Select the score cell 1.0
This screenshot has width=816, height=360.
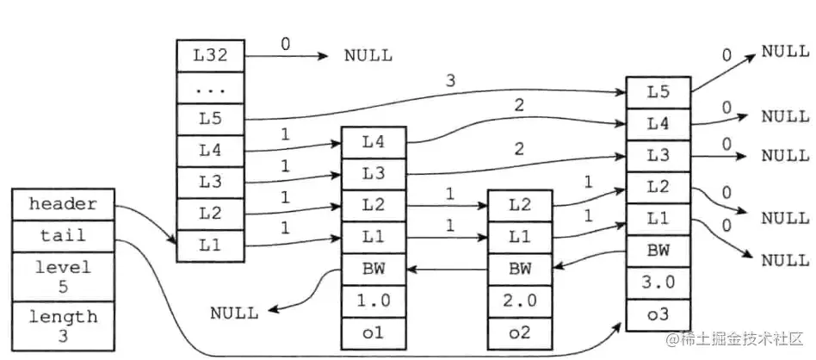pyautogui.click(x=373, y=300)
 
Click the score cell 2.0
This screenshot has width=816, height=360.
pyautogui.click(x=519, y=300)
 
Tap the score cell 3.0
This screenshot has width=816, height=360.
pyautogui.click(x=658, y=282)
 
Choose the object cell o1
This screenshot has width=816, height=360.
pyautogui.click(x=373, y=332)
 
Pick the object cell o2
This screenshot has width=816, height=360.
pyautogui.click(x=519, y=332)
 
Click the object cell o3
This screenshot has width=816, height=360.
pyautogui.click(x=658, y=313)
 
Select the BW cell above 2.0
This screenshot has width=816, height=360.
pyautogui.click(x=519, y=268)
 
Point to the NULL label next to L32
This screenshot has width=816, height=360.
pyautogui.click(x=368, y=56)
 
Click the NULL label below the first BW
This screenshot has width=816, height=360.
pyautogui.click(x=234, y=313)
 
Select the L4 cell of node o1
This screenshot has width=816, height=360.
pyautogui.click(x=373, y=141)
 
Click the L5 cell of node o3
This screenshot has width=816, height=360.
pyautogui.click(x=658, y=92)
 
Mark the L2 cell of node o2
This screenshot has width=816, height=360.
pyautogui.click(x=519, y=205)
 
